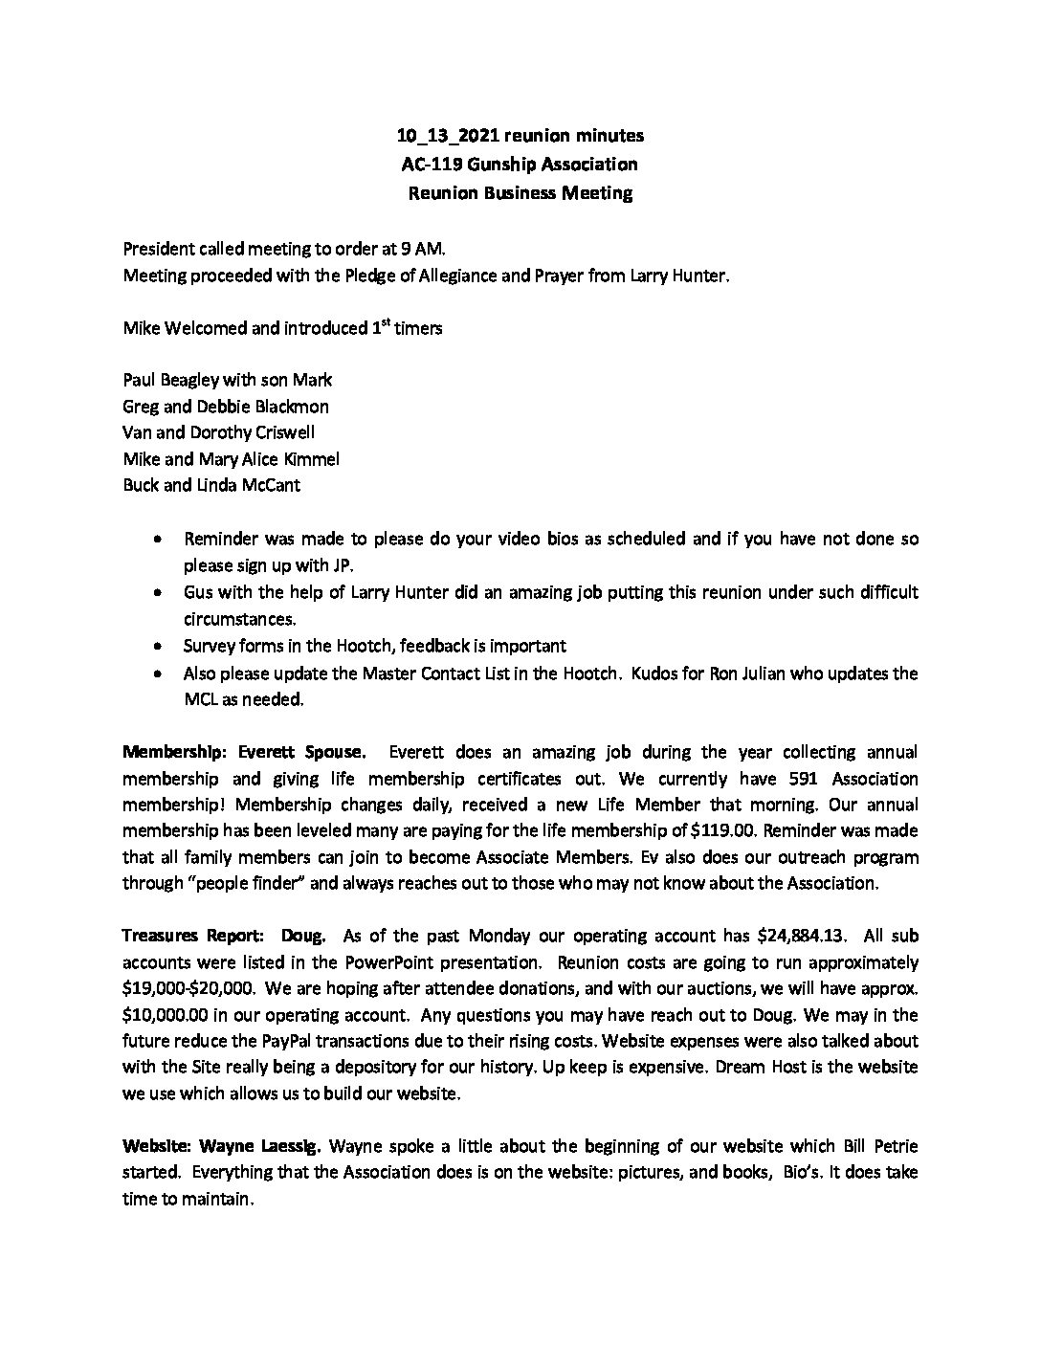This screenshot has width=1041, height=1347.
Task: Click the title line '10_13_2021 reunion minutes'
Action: [x=520, y=136]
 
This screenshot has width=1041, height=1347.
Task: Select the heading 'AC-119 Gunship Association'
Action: [x=520, y=165]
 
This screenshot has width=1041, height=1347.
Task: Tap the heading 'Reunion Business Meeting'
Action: [x=520, y=193]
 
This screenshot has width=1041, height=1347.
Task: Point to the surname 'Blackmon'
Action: [x=291, y=406]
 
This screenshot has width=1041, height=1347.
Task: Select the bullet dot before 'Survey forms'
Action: [x=157, y=647]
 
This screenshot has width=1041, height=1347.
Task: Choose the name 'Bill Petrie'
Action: [x=880, y=1146]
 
